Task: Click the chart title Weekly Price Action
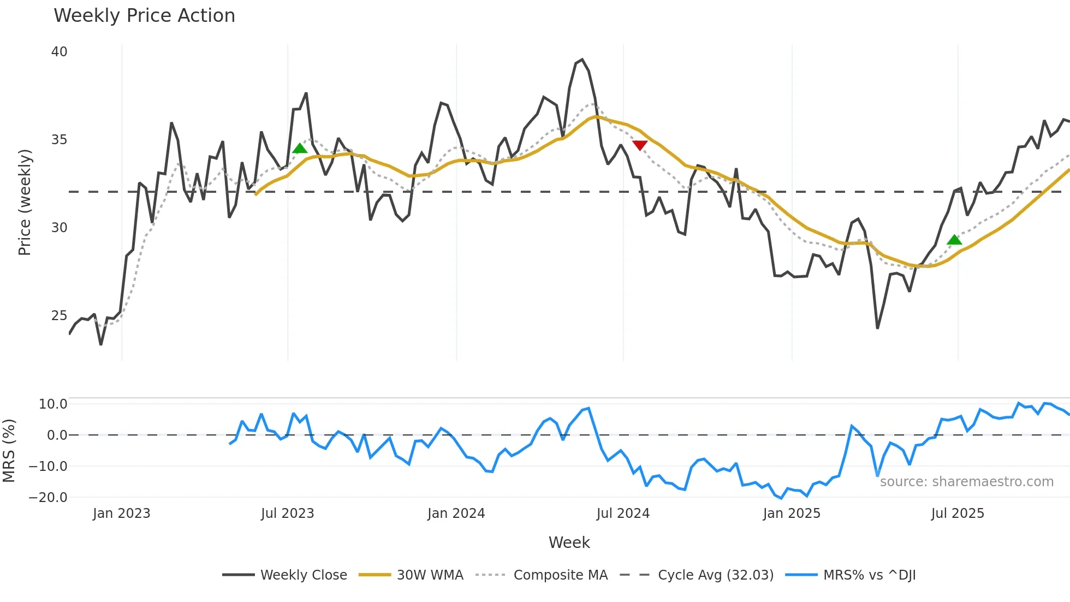click(x=144, y=16)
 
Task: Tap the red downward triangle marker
click(x=640, y=145)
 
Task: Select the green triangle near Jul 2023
click(x=300, y=149)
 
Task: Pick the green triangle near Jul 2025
click(x=954, y=240)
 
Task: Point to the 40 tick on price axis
click(x=59, y=52)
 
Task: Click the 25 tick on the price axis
click(x=59, y=316)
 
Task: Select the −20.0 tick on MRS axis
click(x=48, y=498)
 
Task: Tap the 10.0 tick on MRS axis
click(x=53, y=404)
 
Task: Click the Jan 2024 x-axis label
click(x=456, y=514)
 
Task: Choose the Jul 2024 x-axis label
click(x=623, y=514)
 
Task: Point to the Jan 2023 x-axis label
click(x=121, y=514)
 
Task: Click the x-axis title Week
click(x=569, y=542)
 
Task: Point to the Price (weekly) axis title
click(x=25, y=202)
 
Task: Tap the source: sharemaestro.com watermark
click(x=966, y=482)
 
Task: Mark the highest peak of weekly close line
click(x=582, y=60)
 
